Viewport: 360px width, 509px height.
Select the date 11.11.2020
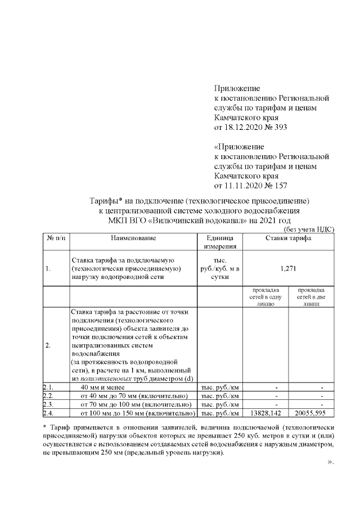[x=243, y=185]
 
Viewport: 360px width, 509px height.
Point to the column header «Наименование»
[x=133, y=238]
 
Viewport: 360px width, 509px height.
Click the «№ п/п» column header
[x=56, y=238]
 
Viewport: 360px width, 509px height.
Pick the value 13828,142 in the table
[x=264, y=414]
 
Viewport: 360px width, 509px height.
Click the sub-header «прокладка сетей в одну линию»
[x=264, y=296]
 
